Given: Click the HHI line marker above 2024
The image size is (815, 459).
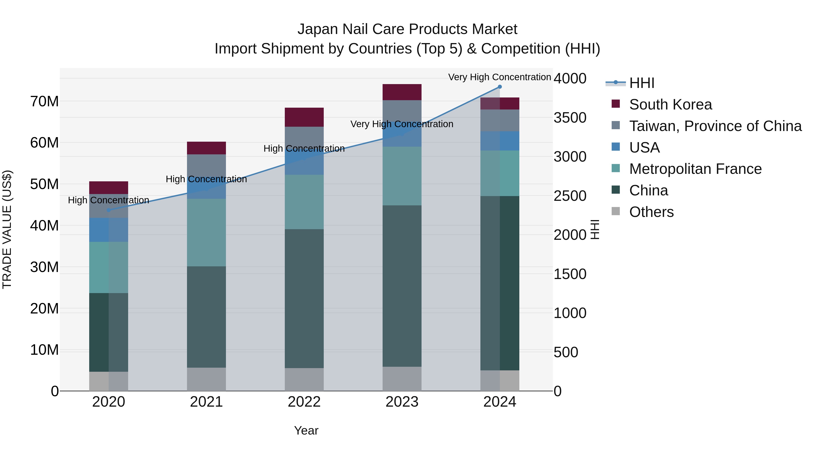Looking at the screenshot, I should [500, 87].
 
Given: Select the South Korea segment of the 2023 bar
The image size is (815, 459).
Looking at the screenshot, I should [402, 92].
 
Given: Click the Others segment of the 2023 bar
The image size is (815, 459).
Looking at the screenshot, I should [402, 379].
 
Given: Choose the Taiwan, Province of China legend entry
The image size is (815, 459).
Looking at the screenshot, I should [715, 126].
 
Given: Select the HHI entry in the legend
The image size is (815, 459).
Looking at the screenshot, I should [641, 83].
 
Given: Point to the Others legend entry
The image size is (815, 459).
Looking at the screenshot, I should [651, 212].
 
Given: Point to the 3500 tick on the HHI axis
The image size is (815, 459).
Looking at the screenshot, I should [570, 118].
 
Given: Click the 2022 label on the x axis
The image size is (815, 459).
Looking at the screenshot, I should [304, 402].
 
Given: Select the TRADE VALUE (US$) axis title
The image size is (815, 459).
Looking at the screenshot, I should [7, 229].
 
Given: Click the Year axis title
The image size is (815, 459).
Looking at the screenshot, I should [306, 430].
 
